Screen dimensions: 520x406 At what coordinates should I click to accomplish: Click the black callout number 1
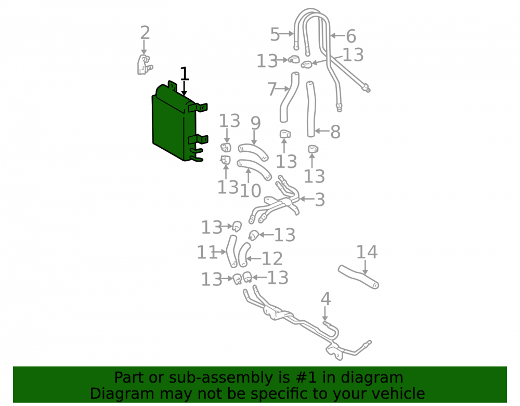[184, 74]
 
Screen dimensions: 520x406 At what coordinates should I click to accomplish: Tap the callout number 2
[145, 33]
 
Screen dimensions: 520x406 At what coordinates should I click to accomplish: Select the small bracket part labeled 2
[145, 64]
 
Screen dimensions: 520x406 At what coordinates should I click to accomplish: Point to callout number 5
[275, 34]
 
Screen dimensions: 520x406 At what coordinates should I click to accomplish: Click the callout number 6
[351, 36]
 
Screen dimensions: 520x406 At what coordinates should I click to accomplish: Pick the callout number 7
[272, 89]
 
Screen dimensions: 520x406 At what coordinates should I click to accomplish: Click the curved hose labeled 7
[289, 97]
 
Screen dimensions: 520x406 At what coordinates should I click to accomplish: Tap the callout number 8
[335, 132]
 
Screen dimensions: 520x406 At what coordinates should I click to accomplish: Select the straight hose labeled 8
[310, 109]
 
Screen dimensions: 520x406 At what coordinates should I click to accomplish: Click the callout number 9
[255, 123]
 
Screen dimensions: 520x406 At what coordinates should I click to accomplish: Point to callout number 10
[251, 191]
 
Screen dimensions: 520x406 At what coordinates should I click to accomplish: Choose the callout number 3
[319, 200]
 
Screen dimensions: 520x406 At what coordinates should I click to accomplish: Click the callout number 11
[207, 252]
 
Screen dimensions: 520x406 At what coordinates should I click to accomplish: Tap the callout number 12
[272, 258]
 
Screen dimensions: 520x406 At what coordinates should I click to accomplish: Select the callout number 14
[367, 252]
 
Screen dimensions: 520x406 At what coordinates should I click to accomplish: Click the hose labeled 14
[358, 277]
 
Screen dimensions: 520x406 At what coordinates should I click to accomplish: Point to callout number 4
[326, 299]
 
